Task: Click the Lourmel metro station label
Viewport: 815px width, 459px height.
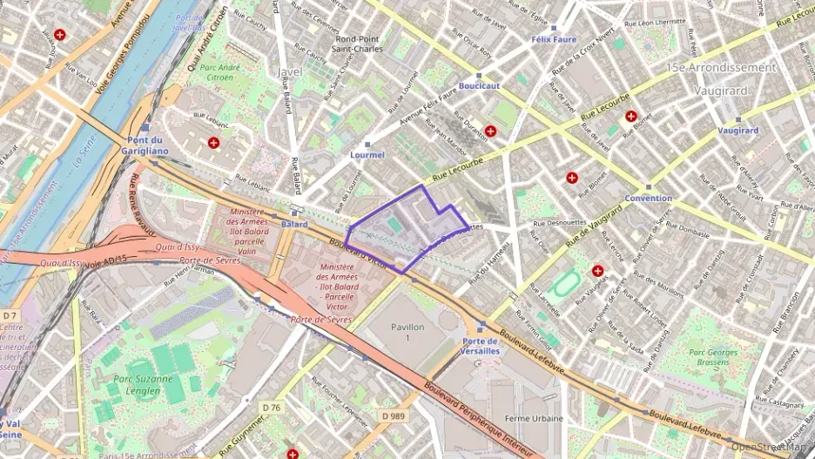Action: [x=367, y=155]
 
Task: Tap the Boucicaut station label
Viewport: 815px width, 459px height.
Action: [x=479, y=86]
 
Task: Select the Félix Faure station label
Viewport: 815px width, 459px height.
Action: [x=554, y=40]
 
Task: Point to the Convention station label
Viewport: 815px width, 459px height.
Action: [x=648, y=198]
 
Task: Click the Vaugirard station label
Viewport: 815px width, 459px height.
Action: [x=738, y=131]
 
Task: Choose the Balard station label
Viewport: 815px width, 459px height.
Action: [x=294, y=224]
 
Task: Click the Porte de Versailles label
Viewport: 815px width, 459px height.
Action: [x=481, y=345]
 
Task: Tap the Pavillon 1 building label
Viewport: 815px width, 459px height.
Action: [x=407, y=332]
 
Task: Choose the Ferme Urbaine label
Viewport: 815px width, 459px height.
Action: [x=534, y=418]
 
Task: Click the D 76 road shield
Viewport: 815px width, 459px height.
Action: [x=273, y=407]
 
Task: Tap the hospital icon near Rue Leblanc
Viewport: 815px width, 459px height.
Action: [x=213, y=142]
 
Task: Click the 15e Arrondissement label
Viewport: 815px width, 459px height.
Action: [x=720, y=67]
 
